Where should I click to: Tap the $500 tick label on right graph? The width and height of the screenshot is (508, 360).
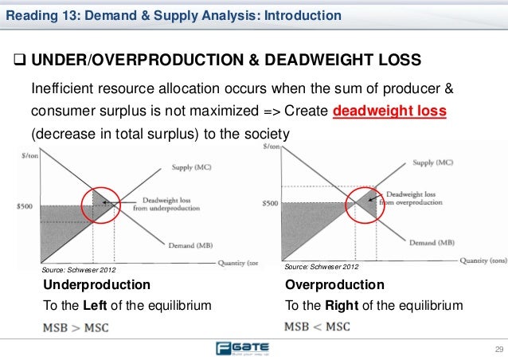(x=271, y=203)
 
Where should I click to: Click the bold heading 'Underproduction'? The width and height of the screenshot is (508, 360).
(x=96, y=284)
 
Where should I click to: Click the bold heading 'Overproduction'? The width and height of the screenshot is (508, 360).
(x=334, y=284)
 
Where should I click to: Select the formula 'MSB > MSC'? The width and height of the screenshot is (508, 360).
(x=76, y=327)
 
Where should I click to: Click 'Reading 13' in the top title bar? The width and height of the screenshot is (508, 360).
(x=36, y=15)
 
